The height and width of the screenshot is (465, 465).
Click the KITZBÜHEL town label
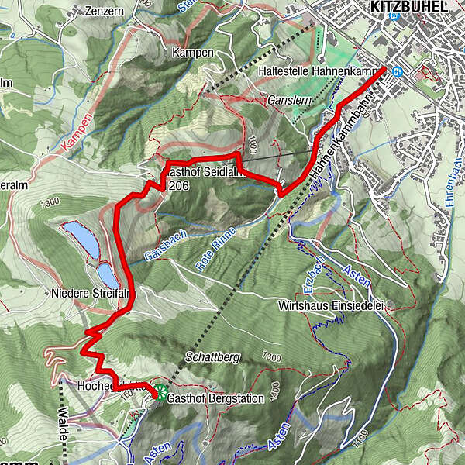[410, 6]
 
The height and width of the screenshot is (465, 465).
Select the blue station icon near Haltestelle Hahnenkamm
[397, 72]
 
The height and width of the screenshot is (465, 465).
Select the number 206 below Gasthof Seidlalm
[178, 186]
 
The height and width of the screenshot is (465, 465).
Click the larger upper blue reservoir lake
[81, 239]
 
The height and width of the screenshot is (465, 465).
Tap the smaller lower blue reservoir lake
[107, 275]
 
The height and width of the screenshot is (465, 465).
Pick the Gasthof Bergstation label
[216, 398]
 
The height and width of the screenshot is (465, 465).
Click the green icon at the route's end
[160, 391]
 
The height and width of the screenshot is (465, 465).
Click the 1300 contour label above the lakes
[50, 203]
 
